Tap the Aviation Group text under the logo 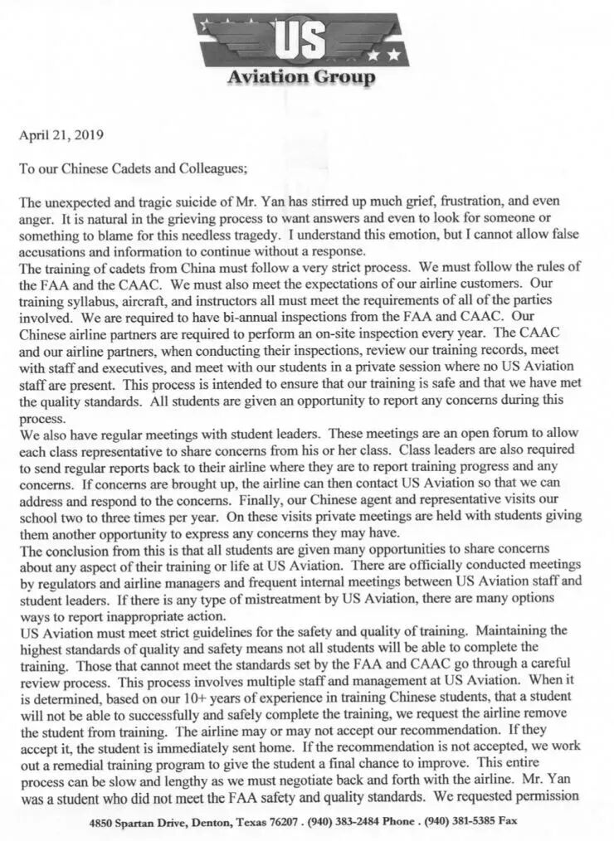click(x=300, y=78)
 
